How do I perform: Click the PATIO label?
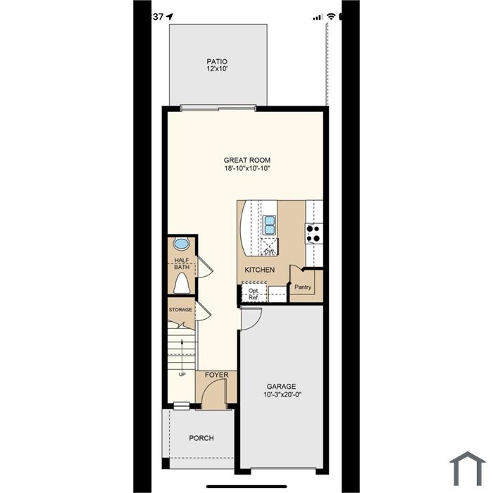coord(217,61)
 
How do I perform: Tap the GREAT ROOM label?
coord(247,160)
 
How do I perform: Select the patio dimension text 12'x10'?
coord(217,68)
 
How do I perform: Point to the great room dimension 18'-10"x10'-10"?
coord(247,168)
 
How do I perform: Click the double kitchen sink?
coord(270,225)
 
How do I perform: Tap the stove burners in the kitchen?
coord(314,233)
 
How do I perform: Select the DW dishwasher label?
coord(269,251)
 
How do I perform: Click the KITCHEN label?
coord(260,270)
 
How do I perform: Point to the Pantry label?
coord(303,287)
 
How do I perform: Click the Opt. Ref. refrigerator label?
coord(254,294)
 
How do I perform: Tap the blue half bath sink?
coord(181,244)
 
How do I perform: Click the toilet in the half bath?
coord(182,283)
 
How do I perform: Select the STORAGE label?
coord(180,310)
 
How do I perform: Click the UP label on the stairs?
coord(182,375)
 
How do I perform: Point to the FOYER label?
coord(217,375)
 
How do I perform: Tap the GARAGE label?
coord(282,387)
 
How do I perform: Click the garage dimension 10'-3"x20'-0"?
coord(282,394)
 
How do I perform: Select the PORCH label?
coord(201,438)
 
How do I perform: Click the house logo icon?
coord(468,468)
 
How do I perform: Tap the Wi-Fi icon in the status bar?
coord(331,16)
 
